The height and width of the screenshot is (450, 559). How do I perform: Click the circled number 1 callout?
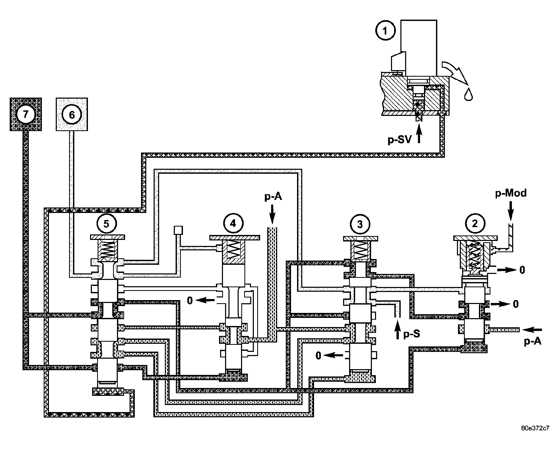click(385, 31)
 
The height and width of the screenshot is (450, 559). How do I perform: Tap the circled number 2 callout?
click(475, 224)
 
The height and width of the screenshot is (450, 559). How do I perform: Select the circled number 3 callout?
click(360, 224)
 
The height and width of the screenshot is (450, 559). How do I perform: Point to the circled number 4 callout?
click(233, 224)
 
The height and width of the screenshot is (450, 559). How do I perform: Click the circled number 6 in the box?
click(72, 115)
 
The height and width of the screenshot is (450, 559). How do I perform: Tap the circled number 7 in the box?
click(25, 115)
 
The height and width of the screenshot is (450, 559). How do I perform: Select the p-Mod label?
click(511, 193)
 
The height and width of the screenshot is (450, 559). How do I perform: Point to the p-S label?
click(412, 334)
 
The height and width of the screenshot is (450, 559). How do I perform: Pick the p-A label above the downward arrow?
click(273, 196)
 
